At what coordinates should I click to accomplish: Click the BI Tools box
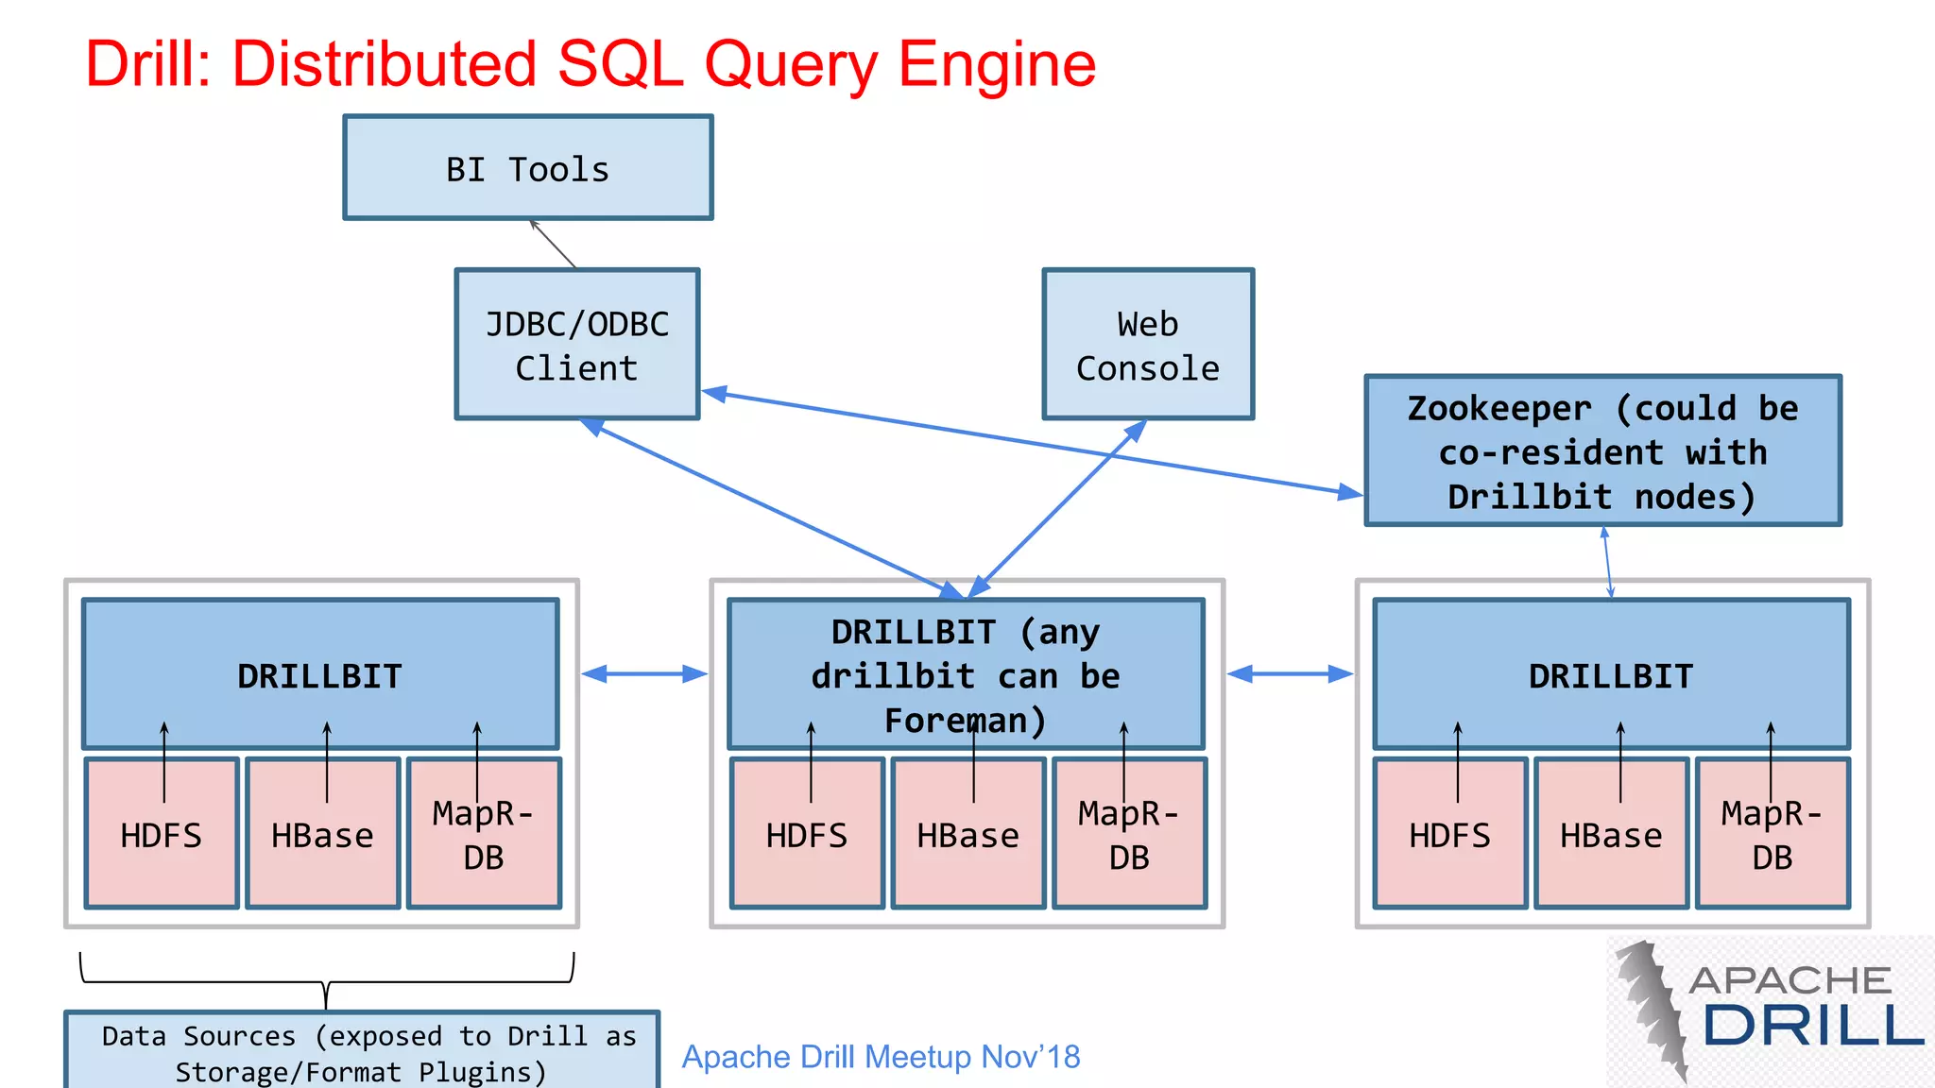[x=527, y=168]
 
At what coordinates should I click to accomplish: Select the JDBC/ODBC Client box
[x=576, y=345]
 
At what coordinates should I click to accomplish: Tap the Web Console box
[x=1147, y=345]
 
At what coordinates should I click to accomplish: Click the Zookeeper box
[x=1602, y=451]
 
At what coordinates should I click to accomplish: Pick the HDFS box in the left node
[x=161, y=835]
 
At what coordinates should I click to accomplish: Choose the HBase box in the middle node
[x=968, y=835]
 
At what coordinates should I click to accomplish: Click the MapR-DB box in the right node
[x=1772, y=835]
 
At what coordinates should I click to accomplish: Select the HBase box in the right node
[x=1611, y=835]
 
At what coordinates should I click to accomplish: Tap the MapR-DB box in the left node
[x=483, y=835]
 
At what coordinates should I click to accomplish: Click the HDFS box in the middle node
[x=806, y=835]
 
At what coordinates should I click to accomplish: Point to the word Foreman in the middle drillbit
[x=964, y=721]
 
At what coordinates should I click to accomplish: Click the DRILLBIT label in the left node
[x=319, y=676]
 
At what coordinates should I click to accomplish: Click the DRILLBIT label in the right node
[x=1611, y=676]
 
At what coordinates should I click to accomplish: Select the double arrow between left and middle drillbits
[x=644, y=673]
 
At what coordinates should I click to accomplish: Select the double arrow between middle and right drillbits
[x=1290, y=673]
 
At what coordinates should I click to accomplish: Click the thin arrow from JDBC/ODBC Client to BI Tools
[x=553, y=245]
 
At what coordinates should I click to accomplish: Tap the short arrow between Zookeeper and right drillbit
[x=1607, y=562]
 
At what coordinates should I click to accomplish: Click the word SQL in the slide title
[x=619, y=64]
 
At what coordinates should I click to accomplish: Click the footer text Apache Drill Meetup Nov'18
[x=881, y=1057]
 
